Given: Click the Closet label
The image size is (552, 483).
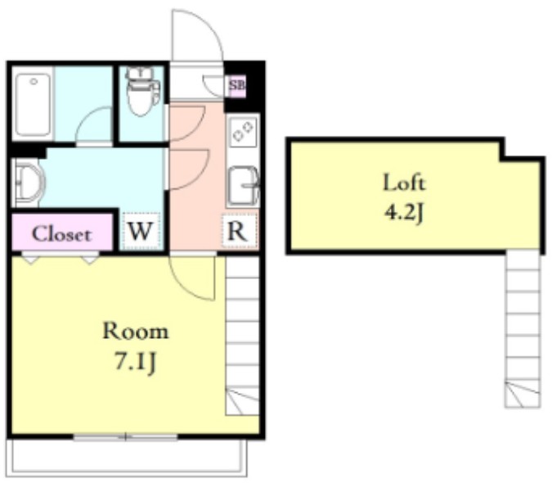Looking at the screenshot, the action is [x=61, y=234].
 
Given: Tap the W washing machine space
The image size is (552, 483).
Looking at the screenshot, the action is [x=141, y=231].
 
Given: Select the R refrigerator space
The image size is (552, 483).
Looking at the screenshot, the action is [x=240, y=231].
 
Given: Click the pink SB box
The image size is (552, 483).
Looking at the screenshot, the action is [x=236, y=86].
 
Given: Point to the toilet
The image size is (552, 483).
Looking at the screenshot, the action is [x=141, y=92].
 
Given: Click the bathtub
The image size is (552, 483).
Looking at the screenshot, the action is [x=33, y=104].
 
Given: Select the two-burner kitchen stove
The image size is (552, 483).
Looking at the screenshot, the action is [x=243, y=131].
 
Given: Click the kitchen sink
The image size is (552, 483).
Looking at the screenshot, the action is [x=243, y=187].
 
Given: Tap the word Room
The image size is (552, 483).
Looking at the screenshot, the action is [x=136, y=332].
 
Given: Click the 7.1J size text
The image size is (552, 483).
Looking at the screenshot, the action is [x=136, y=362].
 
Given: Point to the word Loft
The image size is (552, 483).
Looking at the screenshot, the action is [x=404, y=183].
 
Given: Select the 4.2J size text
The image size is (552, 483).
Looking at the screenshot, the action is [x=404, y=213].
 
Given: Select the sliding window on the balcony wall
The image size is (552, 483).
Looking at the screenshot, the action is [x=125, y=437].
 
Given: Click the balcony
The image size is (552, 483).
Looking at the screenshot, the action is [x=127, y=458].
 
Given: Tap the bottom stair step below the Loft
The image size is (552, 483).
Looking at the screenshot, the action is [x=523, y=395].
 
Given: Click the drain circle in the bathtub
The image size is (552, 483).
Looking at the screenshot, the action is [x=34, y=82].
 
